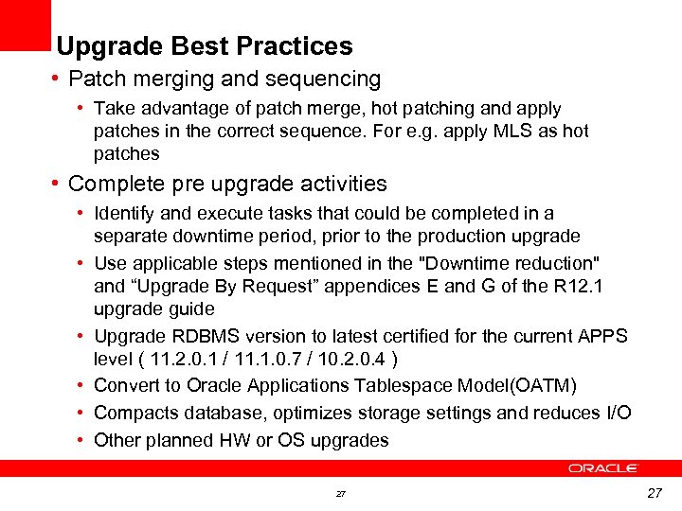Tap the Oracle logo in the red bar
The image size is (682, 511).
[603, 467]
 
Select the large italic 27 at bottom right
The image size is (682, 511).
[654, 493]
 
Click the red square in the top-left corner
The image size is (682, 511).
[25, 25]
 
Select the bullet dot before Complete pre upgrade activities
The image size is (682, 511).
[58, 184]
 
